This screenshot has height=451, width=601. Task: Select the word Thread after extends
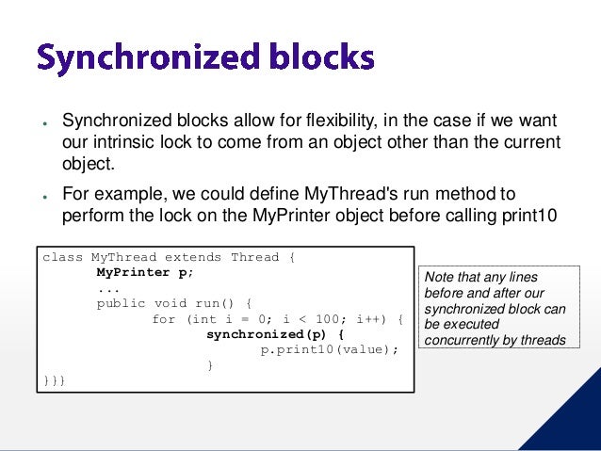click(254, 257)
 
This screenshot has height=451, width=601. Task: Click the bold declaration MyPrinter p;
click(144, 272)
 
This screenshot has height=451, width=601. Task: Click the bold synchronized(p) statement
click(276, 333)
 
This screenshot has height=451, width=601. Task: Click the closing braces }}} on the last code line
click(53, 379)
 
